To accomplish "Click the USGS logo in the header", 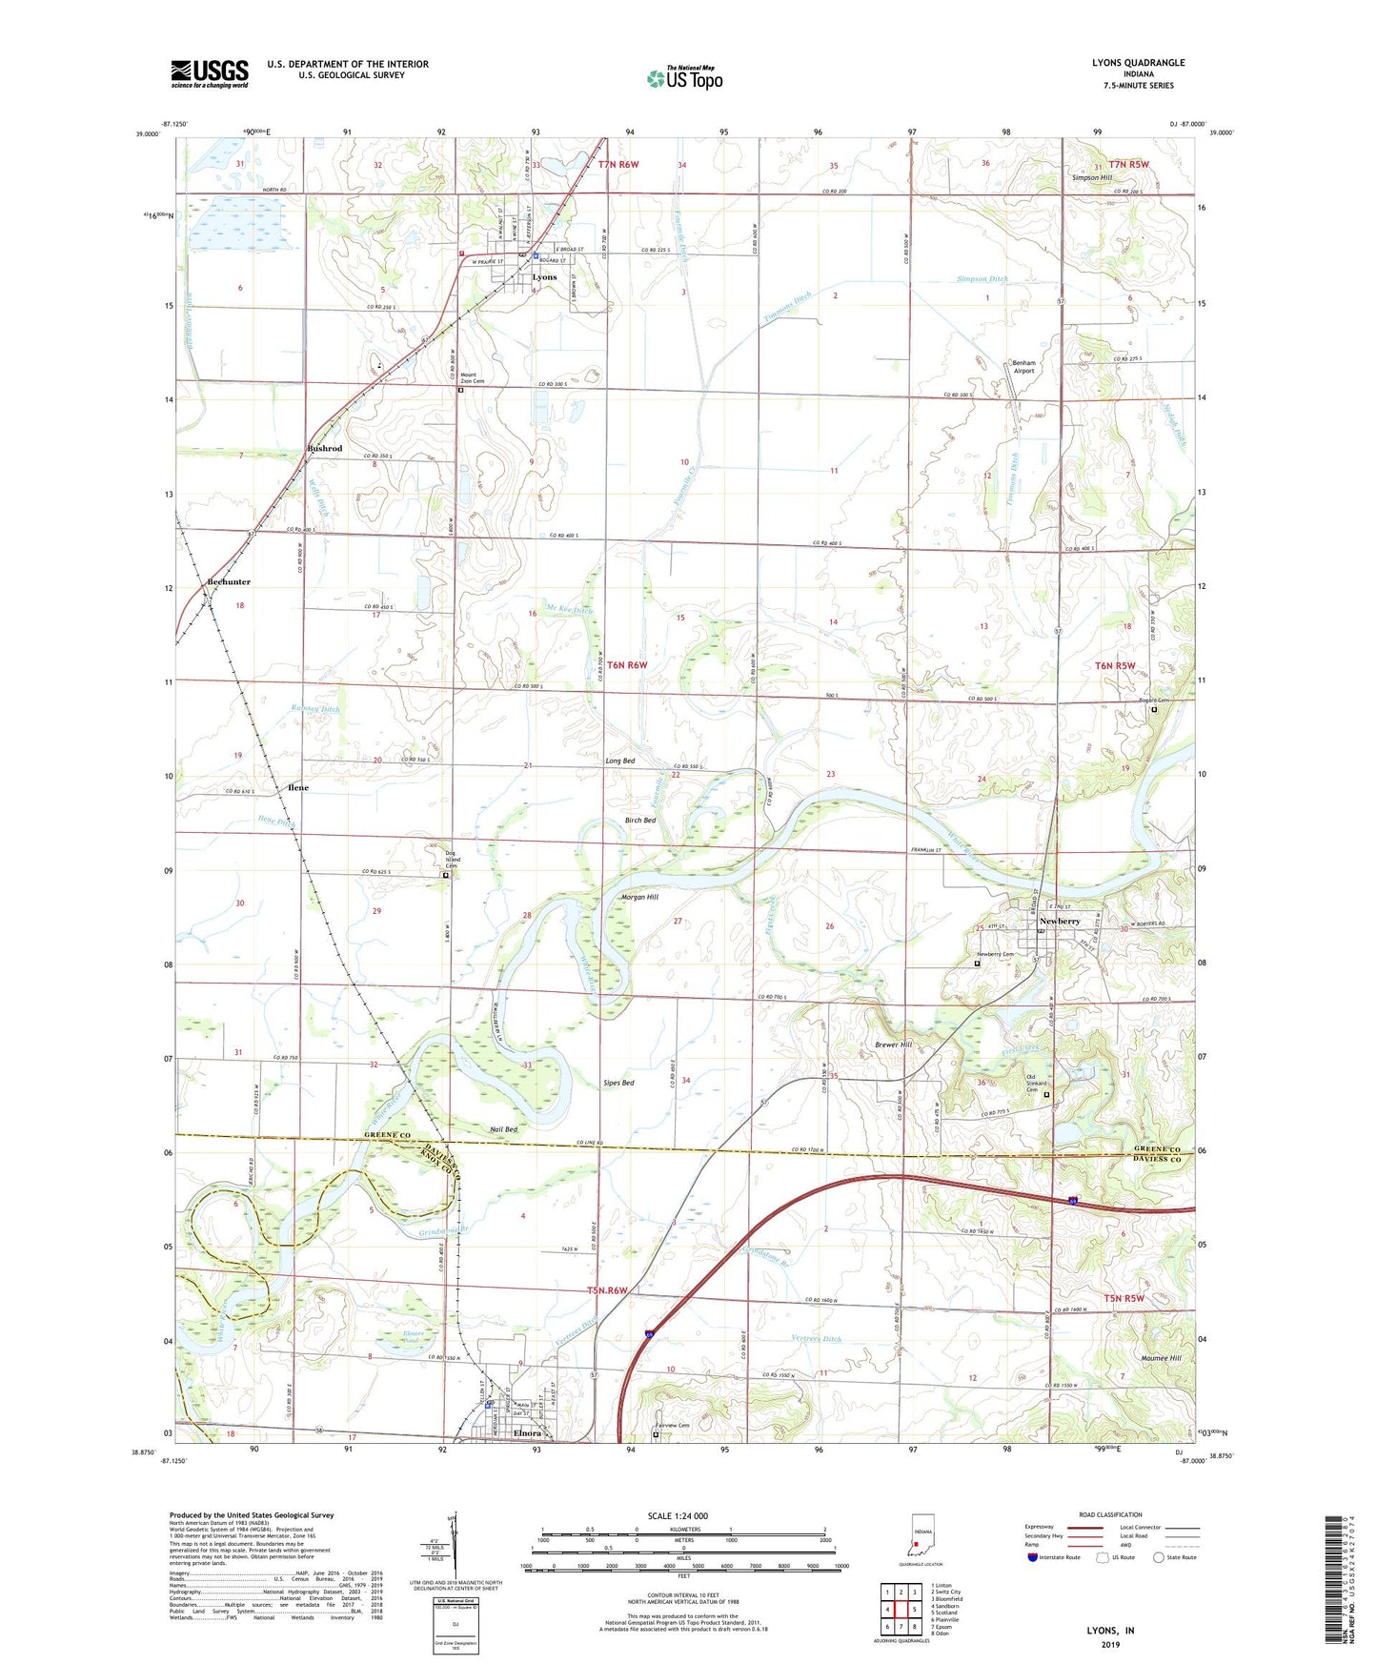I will [210, 73].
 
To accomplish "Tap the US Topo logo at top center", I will [684, 78].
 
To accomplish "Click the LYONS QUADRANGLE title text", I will [1138, 63].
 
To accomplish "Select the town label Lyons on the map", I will [544, 277].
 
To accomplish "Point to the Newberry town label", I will [1060, 922].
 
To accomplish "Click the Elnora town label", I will [527, 1433].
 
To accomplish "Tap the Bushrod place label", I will [324, 448].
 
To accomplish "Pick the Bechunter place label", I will [229, 581].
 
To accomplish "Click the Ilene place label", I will [297, 788].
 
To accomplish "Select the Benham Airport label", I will [1023, 367].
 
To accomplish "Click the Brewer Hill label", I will [893, 1045].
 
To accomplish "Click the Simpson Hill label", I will [1091, 178].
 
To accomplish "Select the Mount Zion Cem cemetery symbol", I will [461, 390].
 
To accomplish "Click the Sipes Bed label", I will [618, 1083].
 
